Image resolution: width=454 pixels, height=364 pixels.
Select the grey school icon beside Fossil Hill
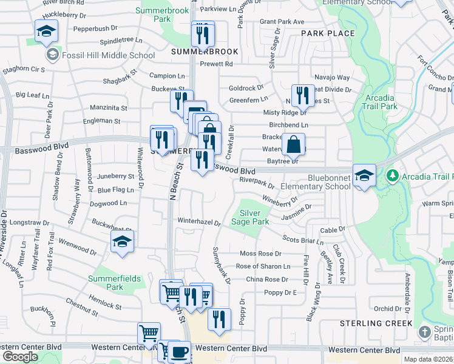pyautogui.click(x=52, y=55)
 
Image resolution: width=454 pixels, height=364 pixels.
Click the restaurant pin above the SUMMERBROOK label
pyautogui.click(x=203, y=34)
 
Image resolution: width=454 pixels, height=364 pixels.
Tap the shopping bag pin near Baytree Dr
pyautogui.click(x=293, y=144)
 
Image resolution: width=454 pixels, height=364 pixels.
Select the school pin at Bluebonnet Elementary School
pyautogui.click(x=364, y=175)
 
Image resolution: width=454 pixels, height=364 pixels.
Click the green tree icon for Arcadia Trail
pyautogui.click(x=392, y=177)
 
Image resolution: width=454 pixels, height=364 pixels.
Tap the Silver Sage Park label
pyautogui.click(x=254, y=217)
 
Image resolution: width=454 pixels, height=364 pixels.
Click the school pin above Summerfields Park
pyautogui.click(x=122, y=241)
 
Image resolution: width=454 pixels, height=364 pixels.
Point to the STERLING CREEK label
pyautogui.click(x=376, y=324)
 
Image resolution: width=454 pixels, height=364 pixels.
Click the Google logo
pyautogui.click(x=20, y=357)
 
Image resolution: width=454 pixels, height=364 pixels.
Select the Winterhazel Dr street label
pyautogui.click(x=198, y=221)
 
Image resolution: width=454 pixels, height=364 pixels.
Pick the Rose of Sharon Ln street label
pyautogui.click(x=263, y=266)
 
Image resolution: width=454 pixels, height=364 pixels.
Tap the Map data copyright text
pyautogui.click(x=428, y=359)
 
